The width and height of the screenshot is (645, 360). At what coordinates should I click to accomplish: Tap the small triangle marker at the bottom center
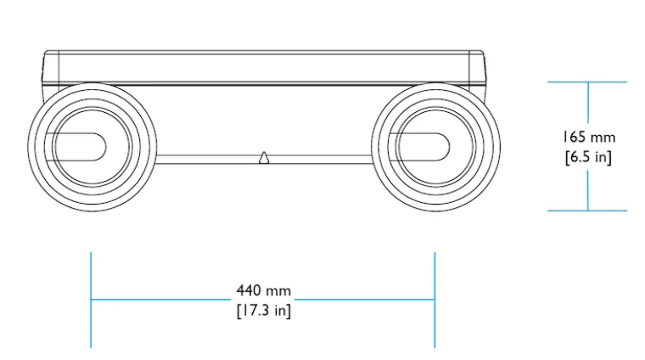click(264, 158)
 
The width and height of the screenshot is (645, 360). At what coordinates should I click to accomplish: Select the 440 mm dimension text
click(264, 291)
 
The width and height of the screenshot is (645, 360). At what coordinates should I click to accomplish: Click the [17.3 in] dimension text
click(264, 310)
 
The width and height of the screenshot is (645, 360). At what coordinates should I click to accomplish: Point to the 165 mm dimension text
click(589, 137)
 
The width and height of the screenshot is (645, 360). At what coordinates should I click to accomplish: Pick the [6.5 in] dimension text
click(589, 157)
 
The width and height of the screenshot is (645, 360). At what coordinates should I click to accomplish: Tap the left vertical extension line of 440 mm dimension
click(91, 301)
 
